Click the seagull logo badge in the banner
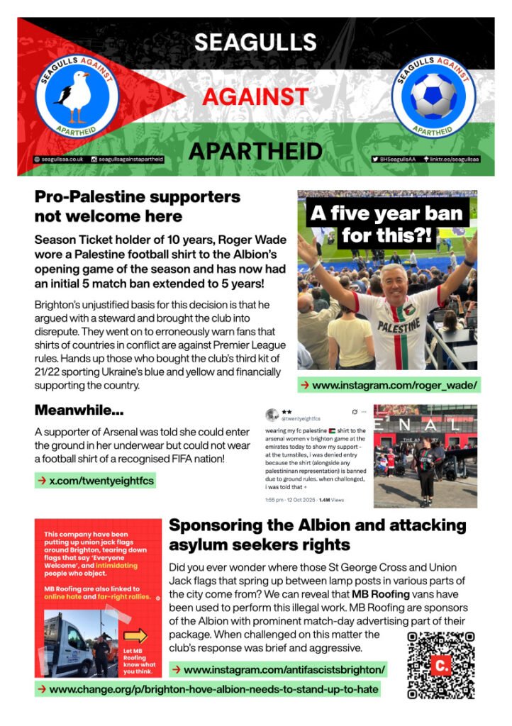77,96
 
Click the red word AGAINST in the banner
255,96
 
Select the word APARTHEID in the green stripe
255,150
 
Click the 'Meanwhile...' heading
79,410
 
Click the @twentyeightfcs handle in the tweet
296,419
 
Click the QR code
440,665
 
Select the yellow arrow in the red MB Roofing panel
135,635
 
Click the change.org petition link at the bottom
207,688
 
